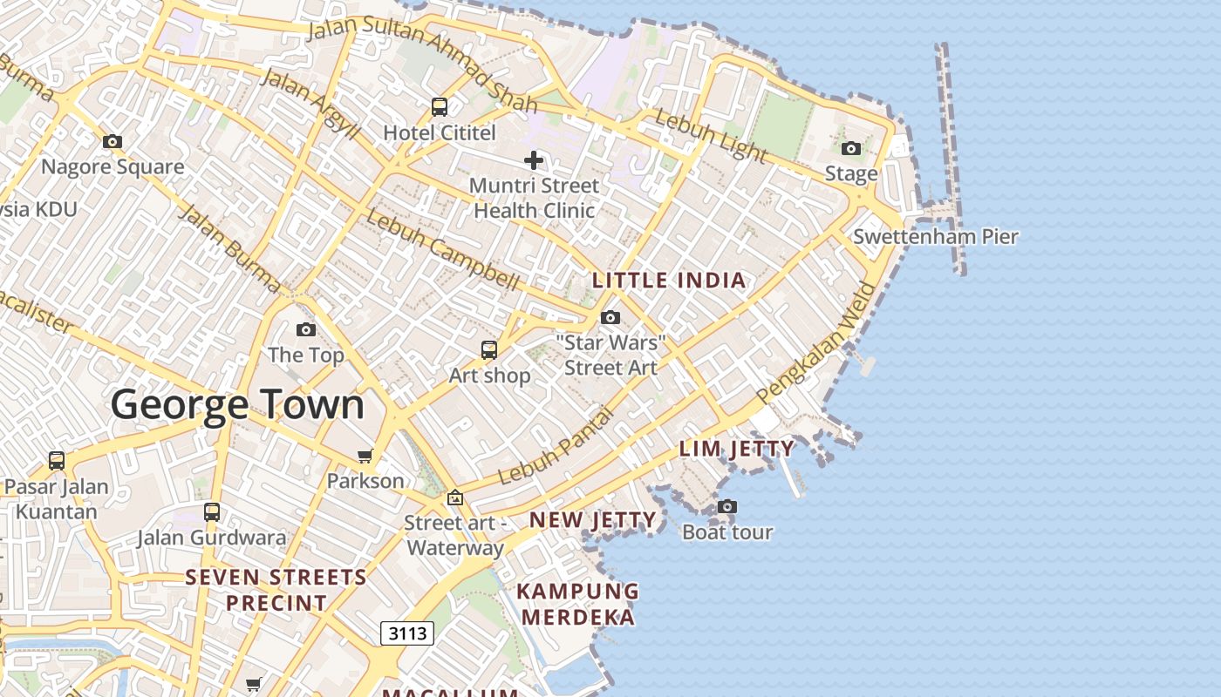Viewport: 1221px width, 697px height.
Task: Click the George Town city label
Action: click(x=237, y=405)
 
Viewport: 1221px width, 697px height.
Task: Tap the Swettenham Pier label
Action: click(x=935, y=236)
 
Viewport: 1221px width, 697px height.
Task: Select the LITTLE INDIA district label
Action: click(x=669, y=281)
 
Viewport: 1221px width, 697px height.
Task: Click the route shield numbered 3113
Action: click(x=407, y=633)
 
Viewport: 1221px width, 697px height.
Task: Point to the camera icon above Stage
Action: click(x=851, y=148)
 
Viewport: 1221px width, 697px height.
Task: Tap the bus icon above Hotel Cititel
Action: click(x=440, y=107)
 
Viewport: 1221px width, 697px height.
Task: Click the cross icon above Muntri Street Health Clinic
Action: click(x=534, y=160)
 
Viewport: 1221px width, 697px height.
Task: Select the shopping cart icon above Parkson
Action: click(x=365, y=456)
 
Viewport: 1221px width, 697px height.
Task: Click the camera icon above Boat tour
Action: click(x=727, y=506)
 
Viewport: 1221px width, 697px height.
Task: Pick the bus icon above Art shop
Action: click(x=489, y=350)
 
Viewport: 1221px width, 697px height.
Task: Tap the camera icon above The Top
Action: click(x=305, y=329)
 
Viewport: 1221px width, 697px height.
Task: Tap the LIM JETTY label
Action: click(x=737, y=450)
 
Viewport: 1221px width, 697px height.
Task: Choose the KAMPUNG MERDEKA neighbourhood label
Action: click(x=577, y=604)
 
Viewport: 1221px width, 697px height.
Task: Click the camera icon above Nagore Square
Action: click(x=113, y=141)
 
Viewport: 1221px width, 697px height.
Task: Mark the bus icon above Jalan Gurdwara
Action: click(x=211, y=511)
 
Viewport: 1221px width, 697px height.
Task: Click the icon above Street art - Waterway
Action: click(x=454, y=497)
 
